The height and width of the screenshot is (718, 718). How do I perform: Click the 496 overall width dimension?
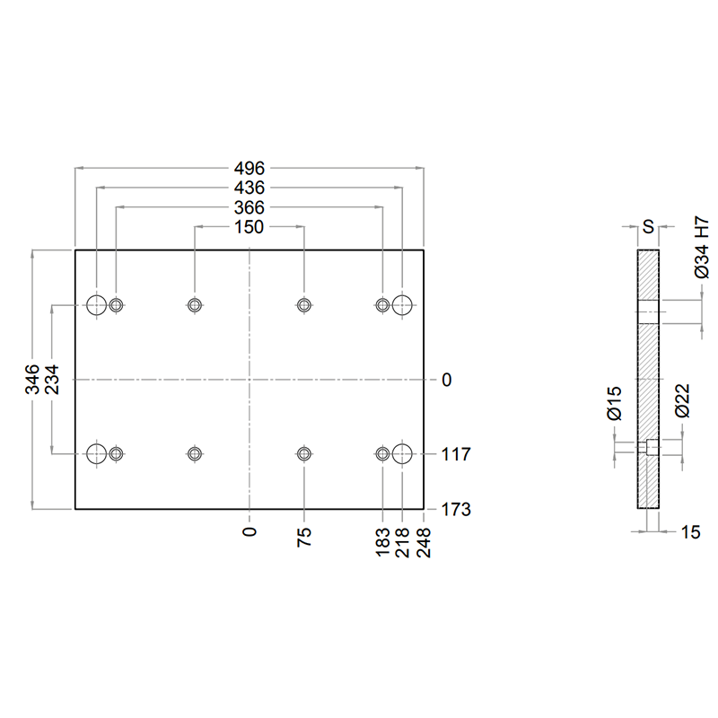pos(250,169)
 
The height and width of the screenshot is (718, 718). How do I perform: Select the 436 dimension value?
pos(250,188)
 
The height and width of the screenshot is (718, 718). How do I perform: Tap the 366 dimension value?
pos(250,207)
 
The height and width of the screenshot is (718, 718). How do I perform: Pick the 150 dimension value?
pos(250,227)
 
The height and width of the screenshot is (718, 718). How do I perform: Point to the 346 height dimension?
pos(32,379)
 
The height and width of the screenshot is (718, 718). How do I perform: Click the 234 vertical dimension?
pos(52,379)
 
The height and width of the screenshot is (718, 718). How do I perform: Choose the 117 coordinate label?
pos(456,454)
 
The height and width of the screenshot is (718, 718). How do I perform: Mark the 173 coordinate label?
pos(456,509)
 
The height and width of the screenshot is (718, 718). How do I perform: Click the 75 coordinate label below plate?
pos(304,537)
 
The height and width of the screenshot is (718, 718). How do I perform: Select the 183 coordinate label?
pos(382,542)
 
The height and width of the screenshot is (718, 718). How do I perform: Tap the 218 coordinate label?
pos(402,542)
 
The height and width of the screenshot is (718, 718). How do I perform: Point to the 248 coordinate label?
pos(424,542)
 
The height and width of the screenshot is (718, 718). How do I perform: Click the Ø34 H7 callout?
pos(702,248)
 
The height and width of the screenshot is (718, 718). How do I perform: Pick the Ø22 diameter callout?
pos(682,400)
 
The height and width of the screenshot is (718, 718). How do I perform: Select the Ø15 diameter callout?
pos(615,403)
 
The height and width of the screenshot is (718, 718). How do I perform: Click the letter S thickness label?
pos(648,227)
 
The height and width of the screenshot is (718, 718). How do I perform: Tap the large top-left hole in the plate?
pos(97,304)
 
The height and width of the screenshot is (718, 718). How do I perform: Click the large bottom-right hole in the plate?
pos(402,454)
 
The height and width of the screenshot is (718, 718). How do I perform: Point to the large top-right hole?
pos(402,304)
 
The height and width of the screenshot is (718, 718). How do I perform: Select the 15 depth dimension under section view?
pos(690,532)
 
